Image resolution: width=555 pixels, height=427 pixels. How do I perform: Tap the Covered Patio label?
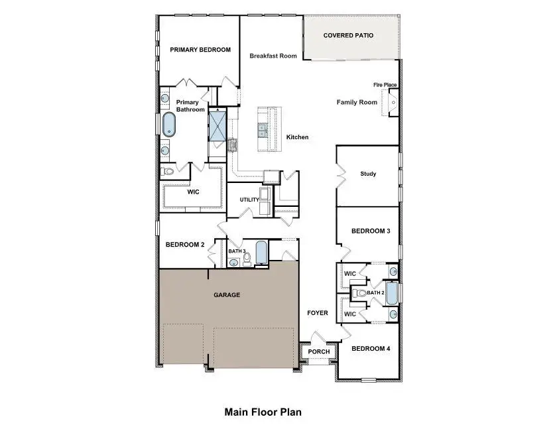348,35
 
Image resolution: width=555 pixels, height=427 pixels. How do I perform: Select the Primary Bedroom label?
200,50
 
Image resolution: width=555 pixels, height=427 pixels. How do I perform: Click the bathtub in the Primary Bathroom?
169,124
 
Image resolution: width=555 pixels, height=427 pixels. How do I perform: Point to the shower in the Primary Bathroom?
217,125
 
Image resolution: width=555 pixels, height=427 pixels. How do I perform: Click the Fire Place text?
385,85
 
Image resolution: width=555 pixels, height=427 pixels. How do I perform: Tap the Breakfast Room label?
273,56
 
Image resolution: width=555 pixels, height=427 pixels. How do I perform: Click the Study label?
368,174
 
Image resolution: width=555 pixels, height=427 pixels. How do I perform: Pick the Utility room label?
249,200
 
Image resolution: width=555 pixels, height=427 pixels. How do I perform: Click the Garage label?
226,295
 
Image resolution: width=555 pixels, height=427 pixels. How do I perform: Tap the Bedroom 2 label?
184,245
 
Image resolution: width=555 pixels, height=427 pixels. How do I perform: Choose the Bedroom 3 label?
370,231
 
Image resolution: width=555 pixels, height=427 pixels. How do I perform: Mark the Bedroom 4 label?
370,349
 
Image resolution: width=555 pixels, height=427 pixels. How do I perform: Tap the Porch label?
319,352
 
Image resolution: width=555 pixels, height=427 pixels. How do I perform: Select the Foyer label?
317,313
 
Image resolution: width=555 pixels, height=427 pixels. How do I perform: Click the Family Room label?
357,102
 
